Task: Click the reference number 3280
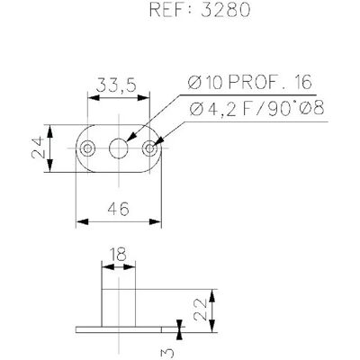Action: tap(225, 10)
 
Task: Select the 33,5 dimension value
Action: tap(116, 85)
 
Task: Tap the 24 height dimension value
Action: tap(39, 148)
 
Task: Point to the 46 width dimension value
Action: tap(119, 209)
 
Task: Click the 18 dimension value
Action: tap(118, 255)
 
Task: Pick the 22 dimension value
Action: tap(201, 310)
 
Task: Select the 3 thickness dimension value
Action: tap(166, 354)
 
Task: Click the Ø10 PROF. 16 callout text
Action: tap(250, 83)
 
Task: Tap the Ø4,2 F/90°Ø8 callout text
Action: tap(256, 108)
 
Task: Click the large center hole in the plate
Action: tap(119, 148)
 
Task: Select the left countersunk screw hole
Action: tap(88, 148)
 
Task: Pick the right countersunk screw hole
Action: tap(149, 148)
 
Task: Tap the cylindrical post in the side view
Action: tap(119, 308)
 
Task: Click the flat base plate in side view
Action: tap(119, 329)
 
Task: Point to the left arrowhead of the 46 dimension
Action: tap(83, 222)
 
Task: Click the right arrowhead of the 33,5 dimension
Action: tap(143, 98)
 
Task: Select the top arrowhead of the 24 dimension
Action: tap(50, 131)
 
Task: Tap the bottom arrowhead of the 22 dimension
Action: tap(212, 326)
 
